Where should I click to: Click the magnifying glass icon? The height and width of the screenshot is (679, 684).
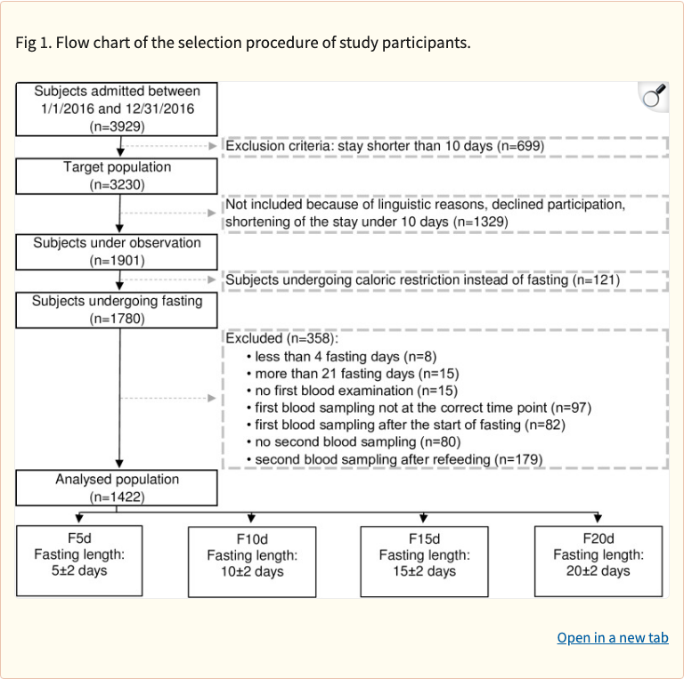coord(655,96)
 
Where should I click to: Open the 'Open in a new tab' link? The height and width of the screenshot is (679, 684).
coord(612,637)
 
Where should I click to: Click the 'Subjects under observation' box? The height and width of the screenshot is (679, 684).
coord(117,252)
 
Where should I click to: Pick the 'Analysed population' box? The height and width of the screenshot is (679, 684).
coord(117,488)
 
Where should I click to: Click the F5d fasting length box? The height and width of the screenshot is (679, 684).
coord(79,560)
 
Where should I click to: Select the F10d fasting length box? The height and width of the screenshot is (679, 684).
coord(252,562)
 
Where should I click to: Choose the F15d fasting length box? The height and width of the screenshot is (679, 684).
coord(424,562)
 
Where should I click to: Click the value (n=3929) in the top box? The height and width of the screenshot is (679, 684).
coord(118,127)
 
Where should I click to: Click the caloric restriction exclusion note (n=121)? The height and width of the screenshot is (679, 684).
coord(422,280)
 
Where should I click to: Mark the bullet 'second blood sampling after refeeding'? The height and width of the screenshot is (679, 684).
coord(398,459)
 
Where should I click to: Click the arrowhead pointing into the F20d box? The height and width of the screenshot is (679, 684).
coord(597,519)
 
